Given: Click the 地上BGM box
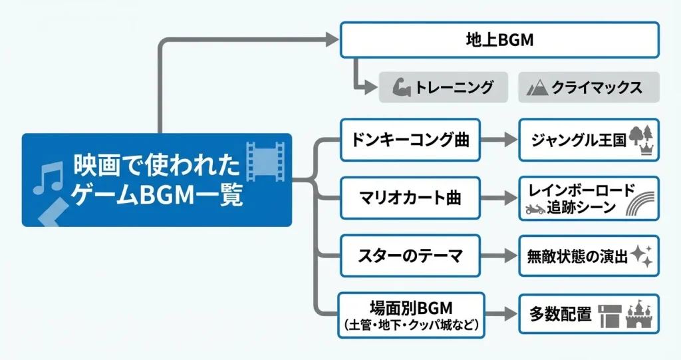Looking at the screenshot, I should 499,40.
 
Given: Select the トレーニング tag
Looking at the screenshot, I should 444,87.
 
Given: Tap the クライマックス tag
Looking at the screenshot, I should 589,87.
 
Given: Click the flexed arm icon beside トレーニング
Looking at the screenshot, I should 401,87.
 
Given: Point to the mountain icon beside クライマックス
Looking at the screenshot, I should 536,88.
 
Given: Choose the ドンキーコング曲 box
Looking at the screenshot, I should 410,140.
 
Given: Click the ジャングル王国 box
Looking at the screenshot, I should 589,140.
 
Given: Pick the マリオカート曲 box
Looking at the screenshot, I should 410,198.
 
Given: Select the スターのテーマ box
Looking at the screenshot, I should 410,256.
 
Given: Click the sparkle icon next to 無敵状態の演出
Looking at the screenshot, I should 642,254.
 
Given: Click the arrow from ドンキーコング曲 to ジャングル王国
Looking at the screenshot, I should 498,140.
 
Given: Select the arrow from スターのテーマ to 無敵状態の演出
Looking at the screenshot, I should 498,256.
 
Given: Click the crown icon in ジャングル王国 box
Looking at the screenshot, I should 644,150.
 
